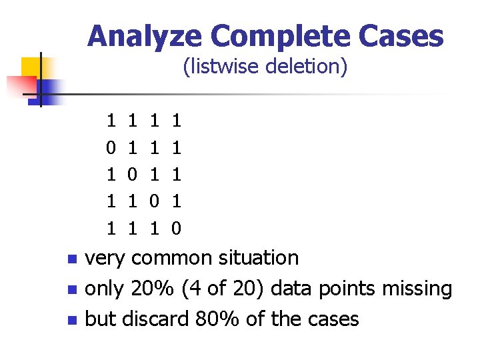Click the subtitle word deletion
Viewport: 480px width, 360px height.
coord(311,67)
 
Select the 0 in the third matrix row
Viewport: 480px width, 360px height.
coord(132,175)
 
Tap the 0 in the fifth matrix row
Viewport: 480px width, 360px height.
coord(176,229)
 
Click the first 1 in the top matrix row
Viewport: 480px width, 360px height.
coord(111,121)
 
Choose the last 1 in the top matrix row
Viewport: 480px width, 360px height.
coord(176,121)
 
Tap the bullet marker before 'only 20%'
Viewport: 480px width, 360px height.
coord(73,290)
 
